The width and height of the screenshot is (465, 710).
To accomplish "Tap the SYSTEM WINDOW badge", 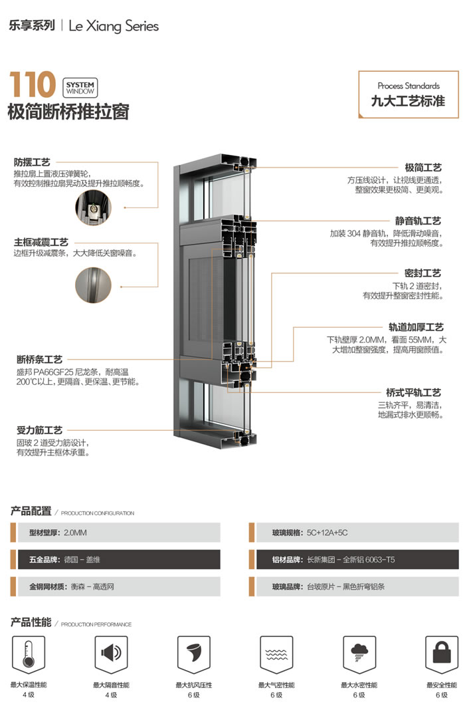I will pyautogui.click(x=80, y=87).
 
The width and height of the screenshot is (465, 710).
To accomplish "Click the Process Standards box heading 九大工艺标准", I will pyautogui.click(x=408, y=101).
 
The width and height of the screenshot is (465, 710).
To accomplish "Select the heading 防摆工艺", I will pyautogui.click(x=32, y=162).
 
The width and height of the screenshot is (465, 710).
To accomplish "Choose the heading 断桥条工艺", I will pyautogui.click(x=39, y=360).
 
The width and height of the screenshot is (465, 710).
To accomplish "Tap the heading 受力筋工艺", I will pyautogui.click(x=39, y=430).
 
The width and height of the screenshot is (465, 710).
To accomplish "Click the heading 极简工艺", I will pyautogui.click(x=423, y=168).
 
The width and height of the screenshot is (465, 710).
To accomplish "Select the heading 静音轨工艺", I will pyautogui.click(x=418, y=221).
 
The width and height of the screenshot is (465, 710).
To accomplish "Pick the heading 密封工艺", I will pyautogui.click(x=423, y=273).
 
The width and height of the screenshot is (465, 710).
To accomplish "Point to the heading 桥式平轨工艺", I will pyautogui.click(x=414, y=392).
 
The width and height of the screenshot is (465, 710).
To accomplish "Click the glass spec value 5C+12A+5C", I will pyautogui.click(x=327, y=533).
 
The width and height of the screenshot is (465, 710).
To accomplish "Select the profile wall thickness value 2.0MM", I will pyautogui.click(x=76, y=533).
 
